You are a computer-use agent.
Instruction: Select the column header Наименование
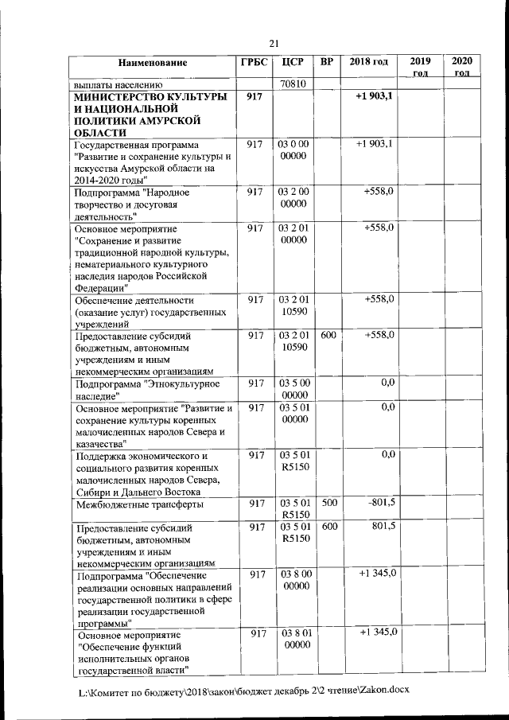point(153,62)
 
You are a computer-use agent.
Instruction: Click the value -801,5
point(382,504)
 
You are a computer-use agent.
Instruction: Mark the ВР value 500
point(327,504)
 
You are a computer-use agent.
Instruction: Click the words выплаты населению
point(118,84)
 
